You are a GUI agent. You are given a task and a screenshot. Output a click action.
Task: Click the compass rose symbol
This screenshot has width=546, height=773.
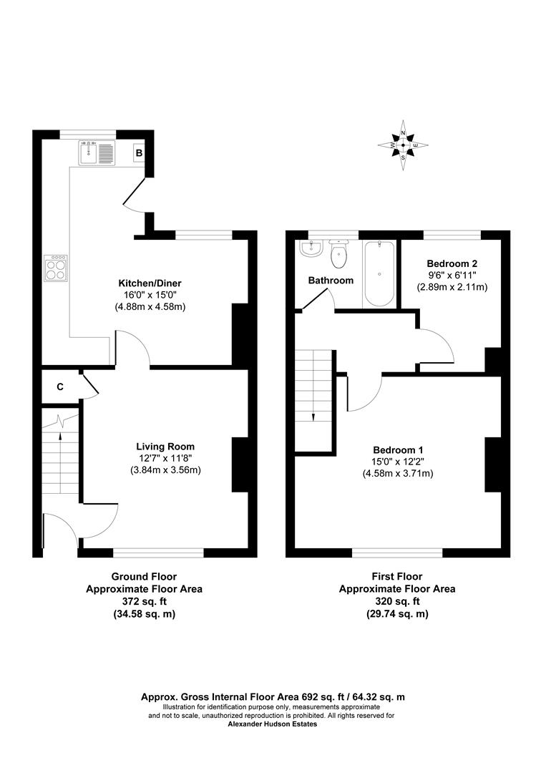point(404,146)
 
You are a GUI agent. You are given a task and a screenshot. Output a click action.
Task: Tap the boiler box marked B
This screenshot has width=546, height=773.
point(140,153)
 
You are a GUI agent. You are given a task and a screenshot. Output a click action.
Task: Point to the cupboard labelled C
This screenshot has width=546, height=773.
point(60,387)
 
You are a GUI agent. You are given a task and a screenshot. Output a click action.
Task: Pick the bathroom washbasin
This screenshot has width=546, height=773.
point(310,250)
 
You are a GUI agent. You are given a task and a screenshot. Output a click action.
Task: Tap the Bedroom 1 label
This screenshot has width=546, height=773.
point(398,449)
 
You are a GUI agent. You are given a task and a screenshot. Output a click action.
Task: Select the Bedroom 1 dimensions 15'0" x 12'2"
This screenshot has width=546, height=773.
point(398,462)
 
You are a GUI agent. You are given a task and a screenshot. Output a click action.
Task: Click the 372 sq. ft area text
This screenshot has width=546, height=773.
point(144,602)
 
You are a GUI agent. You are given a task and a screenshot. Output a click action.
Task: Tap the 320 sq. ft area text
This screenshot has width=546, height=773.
point(397,602)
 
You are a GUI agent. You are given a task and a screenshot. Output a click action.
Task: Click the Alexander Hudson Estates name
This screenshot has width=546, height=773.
point(272,724)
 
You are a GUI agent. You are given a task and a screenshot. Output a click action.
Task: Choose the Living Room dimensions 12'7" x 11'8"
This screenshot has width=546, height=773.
point(165,459)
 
